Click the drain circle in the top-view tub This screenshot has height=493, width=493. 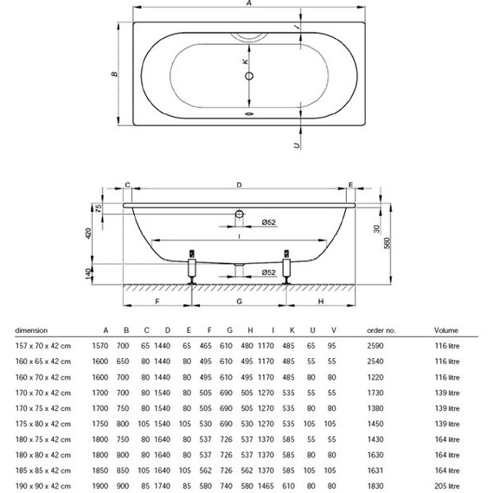(249, 76)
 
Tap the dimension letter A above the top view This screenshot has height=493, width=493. (249, 3)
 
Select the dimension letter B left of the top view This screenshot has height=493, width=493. (114, 74)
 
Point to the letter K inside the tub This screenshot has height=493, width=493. (245, 61)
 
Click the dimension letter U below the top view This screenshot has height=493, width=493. (297, 145)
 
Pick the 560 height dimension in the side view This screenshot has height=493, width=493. (387, 243)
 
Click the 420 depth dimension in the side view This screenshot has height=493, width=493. (88, 233)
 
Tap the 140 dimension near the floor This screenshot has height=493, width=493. (88, 272)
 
